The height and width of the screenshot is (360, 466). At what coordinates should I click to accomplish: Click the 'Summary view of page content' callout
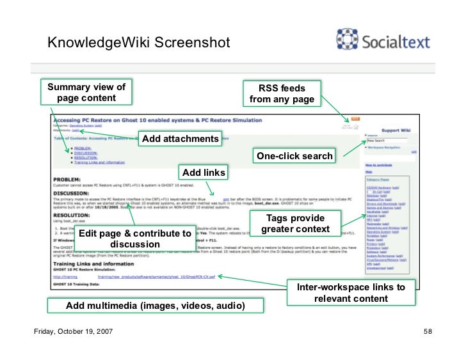point(86,93)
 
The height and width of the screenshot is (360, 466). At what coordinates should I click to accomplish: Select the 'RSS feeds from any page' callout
point(282,93)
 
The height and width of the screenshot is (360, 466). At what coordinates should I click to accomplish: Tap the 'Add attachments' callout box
point(180,139)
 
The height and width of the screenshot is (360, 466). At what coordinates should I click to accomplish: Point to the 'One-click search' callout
point(294,156)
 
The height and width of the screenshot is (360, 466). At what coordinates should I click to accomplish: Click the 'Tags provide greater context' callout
point(295,224)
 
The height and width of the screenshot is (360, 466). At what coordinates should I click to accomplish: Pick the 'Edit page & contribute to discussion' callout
point(134,239)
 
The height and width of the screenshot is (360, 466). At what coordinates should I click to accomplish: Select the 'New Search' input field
point(387,140)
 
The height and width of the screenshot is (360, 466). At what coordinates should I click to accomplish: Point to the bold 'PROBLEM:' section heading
point(67,180)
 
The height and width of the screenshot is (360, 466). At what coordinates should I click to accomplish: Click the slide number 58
point(428,333)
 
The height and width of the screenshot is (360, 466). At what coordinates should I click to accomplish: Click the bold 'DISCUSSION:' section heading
point(71,192)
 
